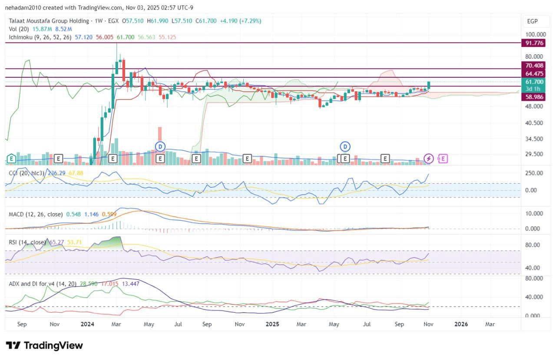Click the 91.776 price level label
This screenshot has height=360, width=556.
pos(534,43)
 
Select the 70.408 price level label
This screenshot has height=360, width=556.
pos(534,66)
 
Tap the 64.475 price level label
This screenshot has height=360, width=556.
pos(534,73)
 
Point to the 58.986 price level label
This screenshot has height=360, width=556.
pos(534,96)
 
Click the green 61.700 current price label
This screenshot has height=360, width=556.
pos(534,82)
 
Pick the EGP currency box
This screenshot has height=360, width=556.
pos(533,21)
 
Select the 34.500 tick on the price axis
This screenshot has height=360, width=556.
pos(534,139)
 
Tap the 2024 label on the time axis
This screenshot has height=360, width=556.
pos(88,324)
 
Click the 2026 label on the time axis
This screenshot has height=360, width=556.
pos(461,324)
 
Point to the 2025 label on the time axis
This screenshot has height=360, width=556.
pos(272,324)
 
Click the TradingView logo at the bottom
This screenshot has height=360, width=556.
pos(44,346)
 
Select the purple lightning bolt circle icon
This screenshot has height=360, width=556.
pos(429,159)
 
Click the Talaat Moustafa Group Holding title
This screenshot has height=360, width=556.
pos(49,21)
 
